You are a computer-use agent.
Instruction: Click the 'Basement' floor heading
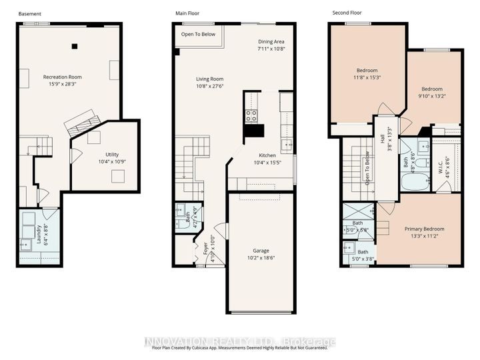pos(29,13)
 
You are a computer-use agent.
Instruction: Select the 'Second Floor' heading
pos(347,13)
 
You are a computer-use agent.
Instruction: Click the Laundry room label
pos(38,235)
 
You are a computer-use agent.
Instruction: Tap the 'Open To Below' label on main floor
pos(199,34)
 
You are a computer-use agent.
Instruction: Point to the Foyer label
pos(205,248)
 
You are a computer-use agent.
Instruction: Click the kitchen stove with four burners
pos(251,116)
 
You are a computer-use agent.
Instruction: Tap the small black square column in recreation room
pos(75,46)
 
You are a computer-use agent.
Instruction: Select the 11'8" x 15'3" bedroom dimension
pos(367,77)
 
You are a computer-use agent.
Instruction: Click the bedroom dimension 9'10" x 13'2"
pos(431,95)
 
